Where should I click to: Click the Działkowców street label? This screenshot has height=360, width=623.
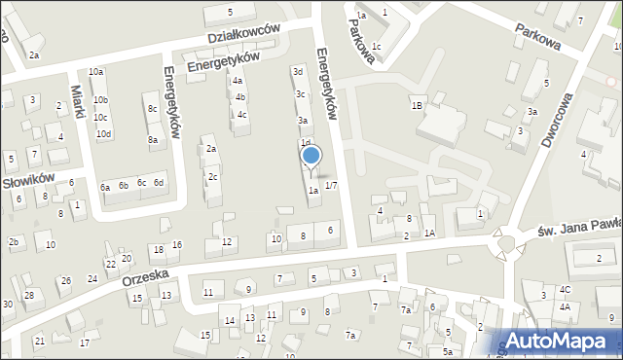[x=242, y=36]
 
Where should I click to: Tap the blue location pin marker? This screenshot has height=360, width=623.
[x=311, y=157]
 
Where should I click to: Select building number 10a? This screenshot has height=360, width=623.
[x=95, y=72]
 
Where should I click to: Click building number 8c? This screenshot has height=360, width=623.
[x=152, y=109]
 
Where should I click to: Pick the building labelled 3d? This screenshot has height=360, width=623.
[x=299, y=71]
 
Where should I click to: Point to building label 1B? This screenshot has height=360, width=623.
[x=417, y=105]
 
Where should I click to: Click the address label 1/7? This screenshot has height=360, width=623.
[x=331, y=185]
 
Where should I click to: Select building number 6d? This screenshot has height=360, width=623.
[x=159, y=182]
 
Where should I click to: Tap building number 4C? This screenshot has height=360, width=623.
[x=565, y=289]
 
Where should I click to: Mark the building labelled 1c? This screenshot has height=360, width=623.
[x=376, y=47]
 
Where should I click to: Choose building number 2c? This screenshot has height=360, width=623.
[x=212, y=177]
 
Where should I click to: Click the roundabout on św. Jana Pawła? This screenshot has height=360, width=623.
[x=510, y=241]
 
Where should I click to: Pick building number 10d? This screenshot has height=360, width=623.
[x=104, y=133]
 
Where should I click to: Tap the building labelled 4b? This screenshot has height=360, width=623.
[x=239, y=97]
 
